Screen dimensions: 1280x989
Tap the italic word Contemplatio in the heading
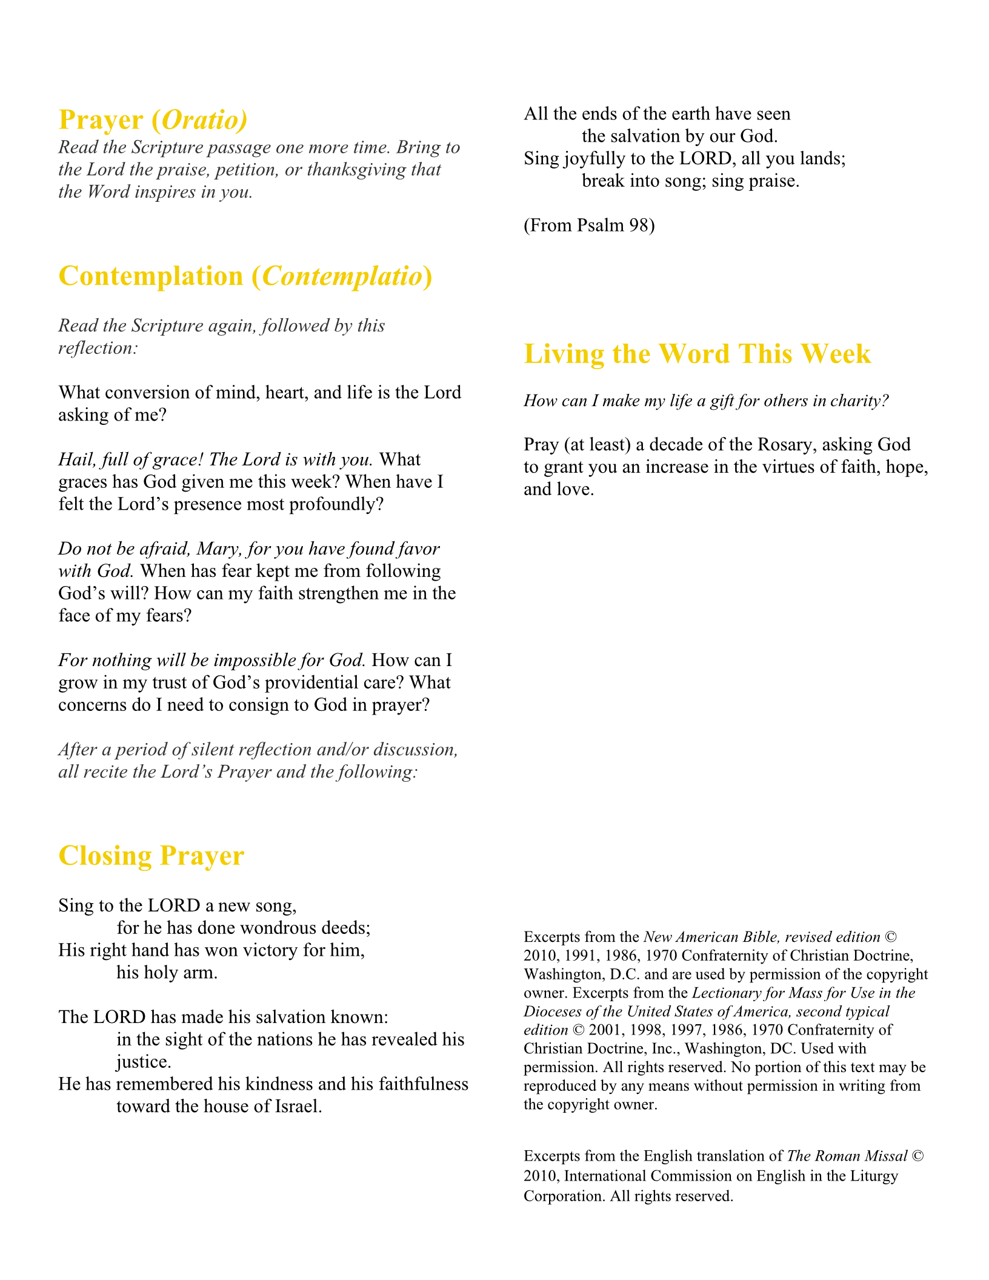point(342,276)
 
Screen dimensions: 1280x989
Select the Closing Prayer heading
point(151,856)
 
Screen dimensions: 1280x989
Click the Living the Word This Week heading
point(697,354)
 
